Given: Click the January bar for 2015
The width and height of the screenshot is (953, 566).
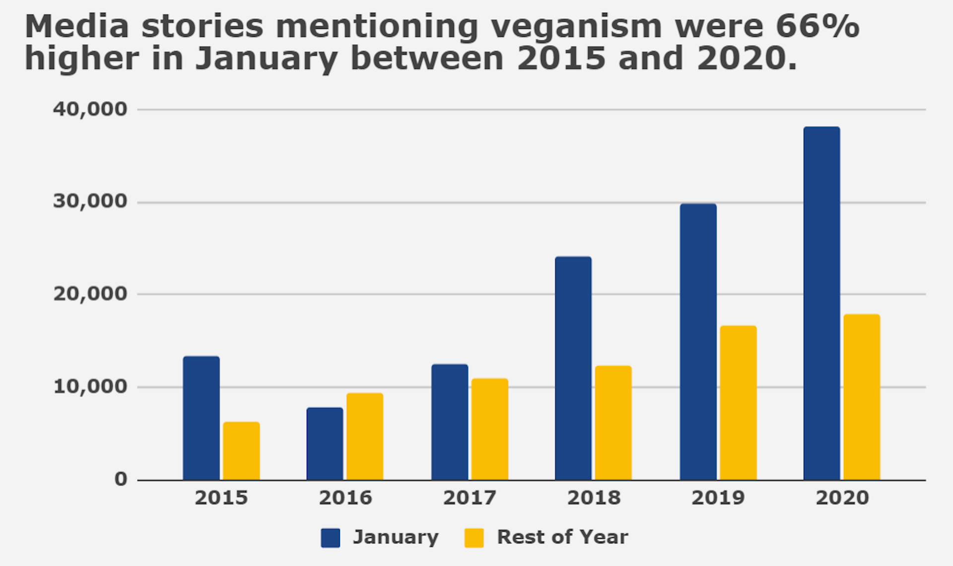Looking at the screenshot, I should click(201, 418).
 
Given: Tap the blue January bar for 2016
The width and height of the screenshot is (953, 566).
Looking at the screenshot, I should click(325, 443).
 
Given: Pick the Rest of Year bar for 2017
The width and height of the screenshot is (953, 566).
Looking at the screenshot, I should click(489, 429).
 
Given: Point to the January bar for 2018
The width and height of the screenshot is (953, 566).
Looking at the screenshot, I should click(573, 368).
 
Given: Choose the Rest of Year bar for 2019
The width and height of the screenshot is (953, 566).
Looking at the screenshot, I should click(738, 402).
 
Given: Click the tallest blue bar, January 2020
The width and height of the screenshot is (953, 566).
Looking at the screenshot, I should click(821, 303).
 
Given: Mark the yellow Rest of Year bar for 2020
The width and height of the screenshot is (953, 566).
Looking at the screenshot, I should click(862, 397).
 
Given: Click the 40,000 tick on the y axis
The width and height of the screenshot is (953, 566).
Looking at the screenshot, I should click(90, 109).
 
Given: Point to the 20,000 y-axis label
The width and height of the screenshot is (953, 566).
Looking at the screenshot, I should click(90, 294).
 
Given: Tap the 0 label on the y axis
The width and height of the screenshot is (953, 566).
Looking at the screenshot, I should click(121, 479).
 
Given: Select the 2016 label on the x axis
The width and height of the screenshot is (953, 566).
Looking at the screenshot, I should click(345, 498).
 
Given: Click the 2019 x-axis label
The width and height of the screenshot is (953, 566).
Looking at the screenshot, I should click(718, 498).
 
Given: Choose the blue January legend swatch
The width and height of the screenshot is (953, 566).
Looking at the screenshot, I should click(331, 538).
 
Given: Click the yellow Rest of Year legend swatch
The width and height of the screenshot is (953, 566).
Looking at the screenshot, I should click(474, 538).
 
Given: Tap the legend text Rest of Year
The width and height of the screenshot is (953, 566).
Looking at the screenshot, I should click(562, 537).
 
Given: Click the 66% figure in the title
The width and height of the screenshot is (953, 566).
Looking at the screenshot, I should click(817, 26).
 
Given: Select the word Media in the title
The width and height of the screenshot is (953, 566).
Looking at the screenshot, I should click(77, 26).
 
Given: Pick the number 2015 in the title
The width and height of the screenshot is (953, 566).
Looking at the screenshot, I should click(561, 58).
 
